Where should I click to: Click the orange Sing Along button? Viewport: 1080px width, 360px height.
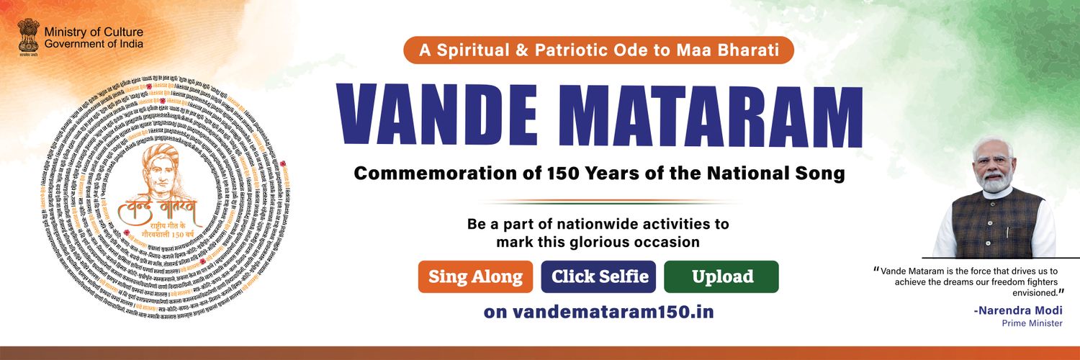coord(475,276)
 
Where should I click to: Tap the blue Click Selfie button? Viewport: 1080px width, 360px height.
coord(598,276)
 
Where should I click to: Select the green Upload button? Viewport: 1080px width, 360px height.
coord(721,276)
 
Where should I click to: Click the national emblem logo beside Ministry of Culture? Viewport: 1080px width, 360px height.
coord(28,36)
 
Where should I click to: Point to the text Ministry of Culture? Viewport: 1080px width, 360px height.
coord(93,32)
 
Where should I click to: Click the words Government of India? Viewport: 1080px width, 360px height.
coord(93,45)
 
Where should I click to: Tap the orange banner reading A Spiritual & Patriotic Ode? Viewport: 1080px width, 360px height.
coord(598,50)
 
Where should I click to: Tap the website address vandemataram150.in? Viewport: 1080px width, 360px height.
coord(598,312)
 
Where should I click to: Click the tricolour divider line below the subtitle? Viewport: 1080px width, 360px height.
coord(598,202)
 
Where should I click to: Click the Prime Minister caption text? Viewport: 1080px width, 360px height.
coord(1032,323)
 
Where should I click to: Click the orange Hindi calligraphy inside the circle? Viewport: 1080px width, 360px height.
coord(163,211)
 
